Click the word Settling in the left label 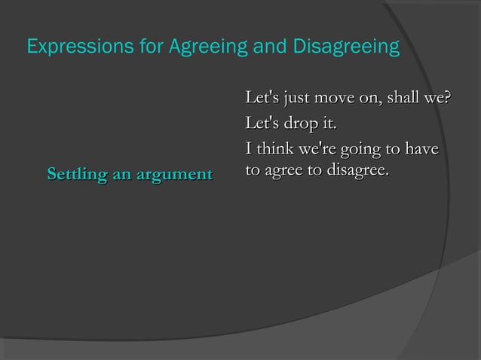click(75, 175)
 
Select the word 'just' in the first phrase click(296, 99)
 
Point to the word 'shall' click(407, 99)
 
